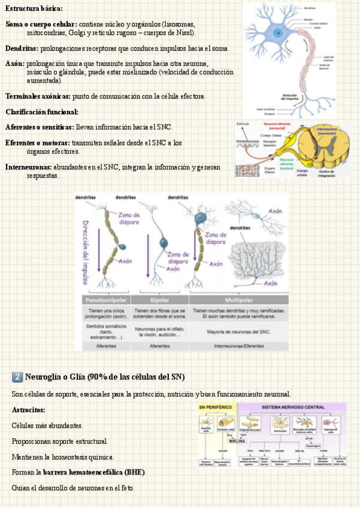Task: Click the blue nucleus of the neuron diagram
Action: [277, 32]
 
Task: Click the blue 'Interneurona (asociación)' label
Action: [326, 131]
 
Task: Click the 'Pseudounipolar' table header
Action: [106, 300]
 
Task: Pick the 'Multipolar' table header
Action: [238, 300]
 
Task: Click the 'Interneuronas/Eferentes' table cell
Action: [238, 346]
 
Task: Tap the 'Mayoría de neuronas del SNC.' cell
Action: [238, 331]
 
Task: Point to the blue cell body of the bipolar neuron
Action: [163, 243]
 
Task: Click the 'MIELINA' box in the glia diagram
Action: [237, 440]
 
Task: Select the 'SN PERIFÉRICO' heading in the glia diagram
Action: [216, 407]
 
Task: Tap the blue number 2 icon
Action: [17, 377]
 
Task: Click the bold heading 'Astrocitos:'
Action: [28, 410]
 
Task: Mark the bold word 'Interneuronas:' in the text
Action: [28, 167]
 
